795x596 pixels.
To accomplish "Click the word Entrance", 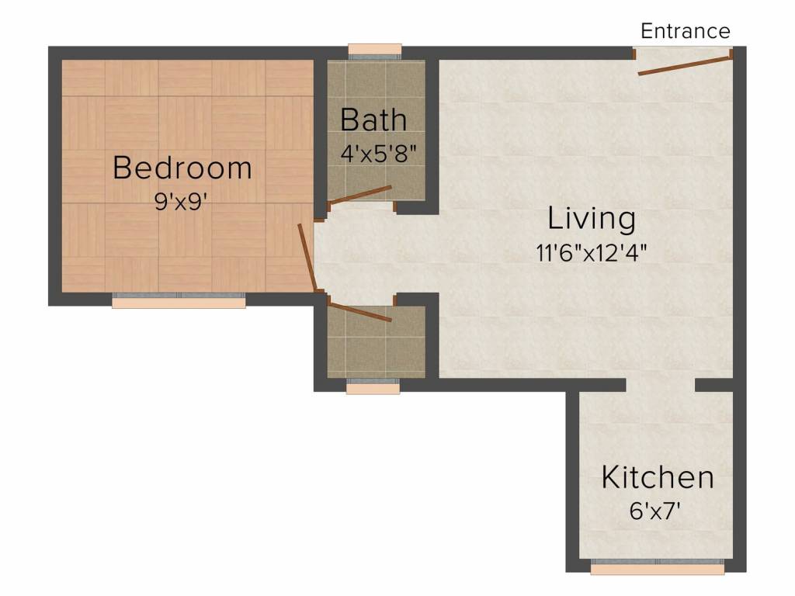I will coord(685,31).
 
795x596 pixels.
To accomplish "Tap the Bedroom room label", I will coord(182,168).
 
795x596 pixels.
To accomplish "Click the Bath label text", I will coord(373,120).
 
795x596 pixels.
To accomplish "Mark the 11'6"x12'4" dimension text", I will coord(592,252).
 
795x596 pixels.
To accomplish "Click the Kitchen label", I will coord(658,477).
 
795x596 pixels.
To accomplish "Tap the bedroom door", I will coord(307,256).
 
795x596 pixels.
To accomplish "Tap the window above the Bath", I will coord(375,52).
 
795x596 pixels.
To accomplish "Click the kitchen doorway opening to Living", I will coord(660,385).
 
